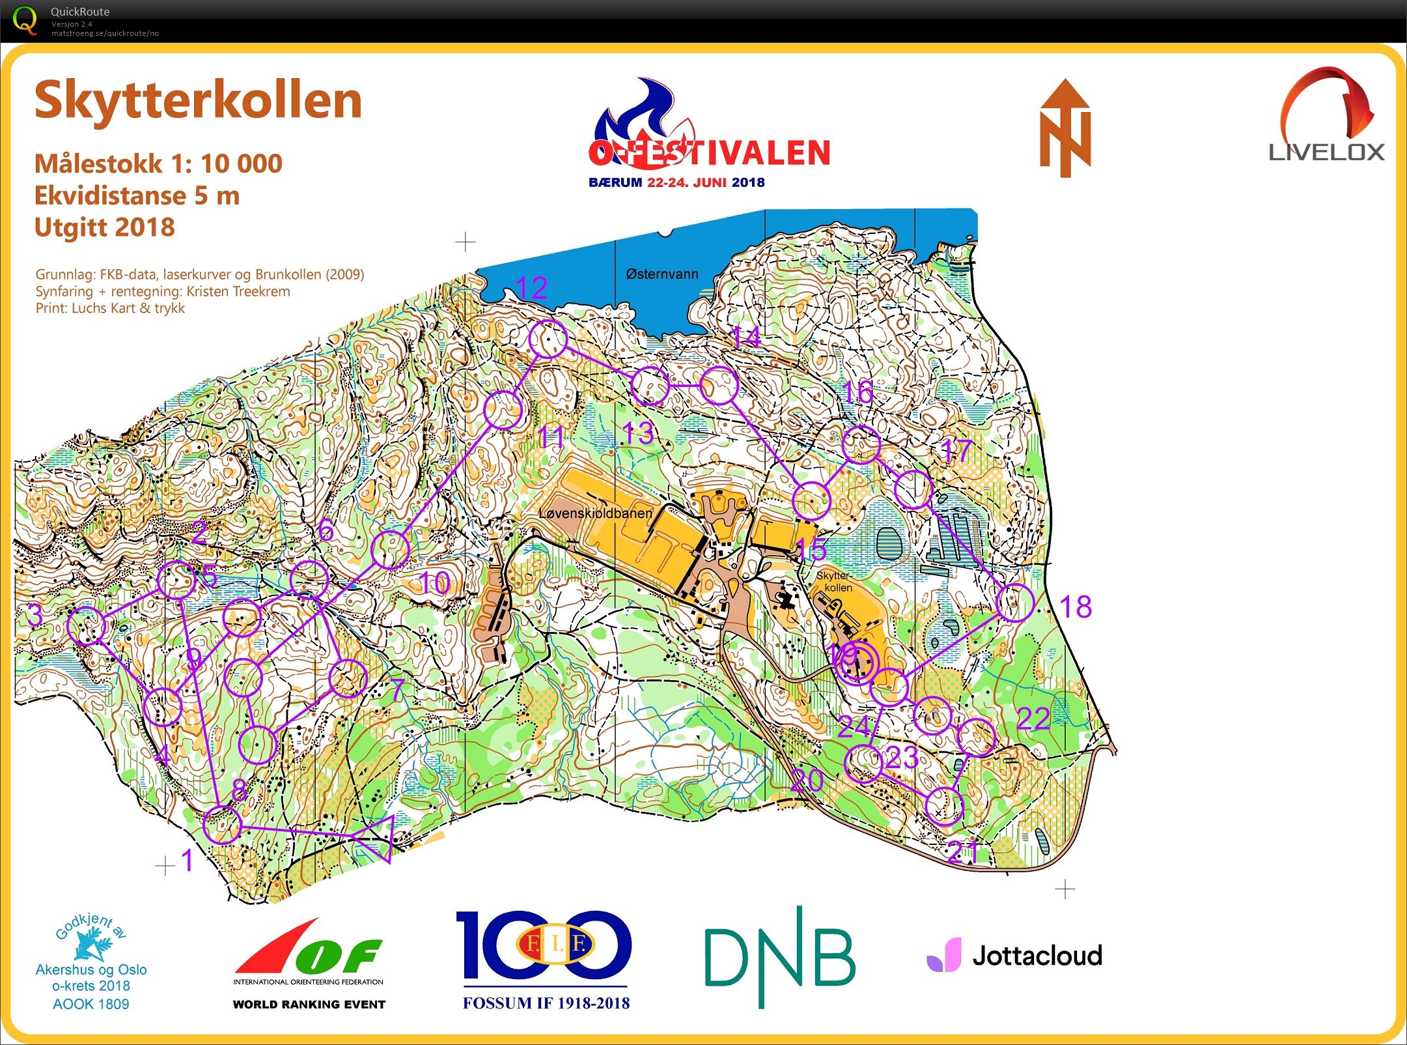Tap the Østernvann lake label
point(662,274)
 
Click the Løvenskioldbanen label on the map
point(595,513)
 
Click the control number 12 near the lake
point(531,288)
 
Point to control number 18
point(1076,607)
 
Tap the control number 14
point(745,337)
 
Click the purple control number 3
point(35,615)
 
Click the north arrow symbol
point(1065,128)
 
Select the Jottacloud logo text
point(1037,956)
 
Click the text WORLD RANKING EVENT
point(309,1004)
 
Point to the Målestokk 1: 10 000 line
point(158,164)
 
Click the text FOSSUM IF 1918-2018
point(546,1003)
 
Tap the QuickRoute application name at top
point(80,12)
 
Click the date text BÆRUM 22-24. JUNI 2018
point(676,182)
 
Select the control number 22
point(1033,719)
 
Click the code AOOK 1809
point(91,1004)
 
